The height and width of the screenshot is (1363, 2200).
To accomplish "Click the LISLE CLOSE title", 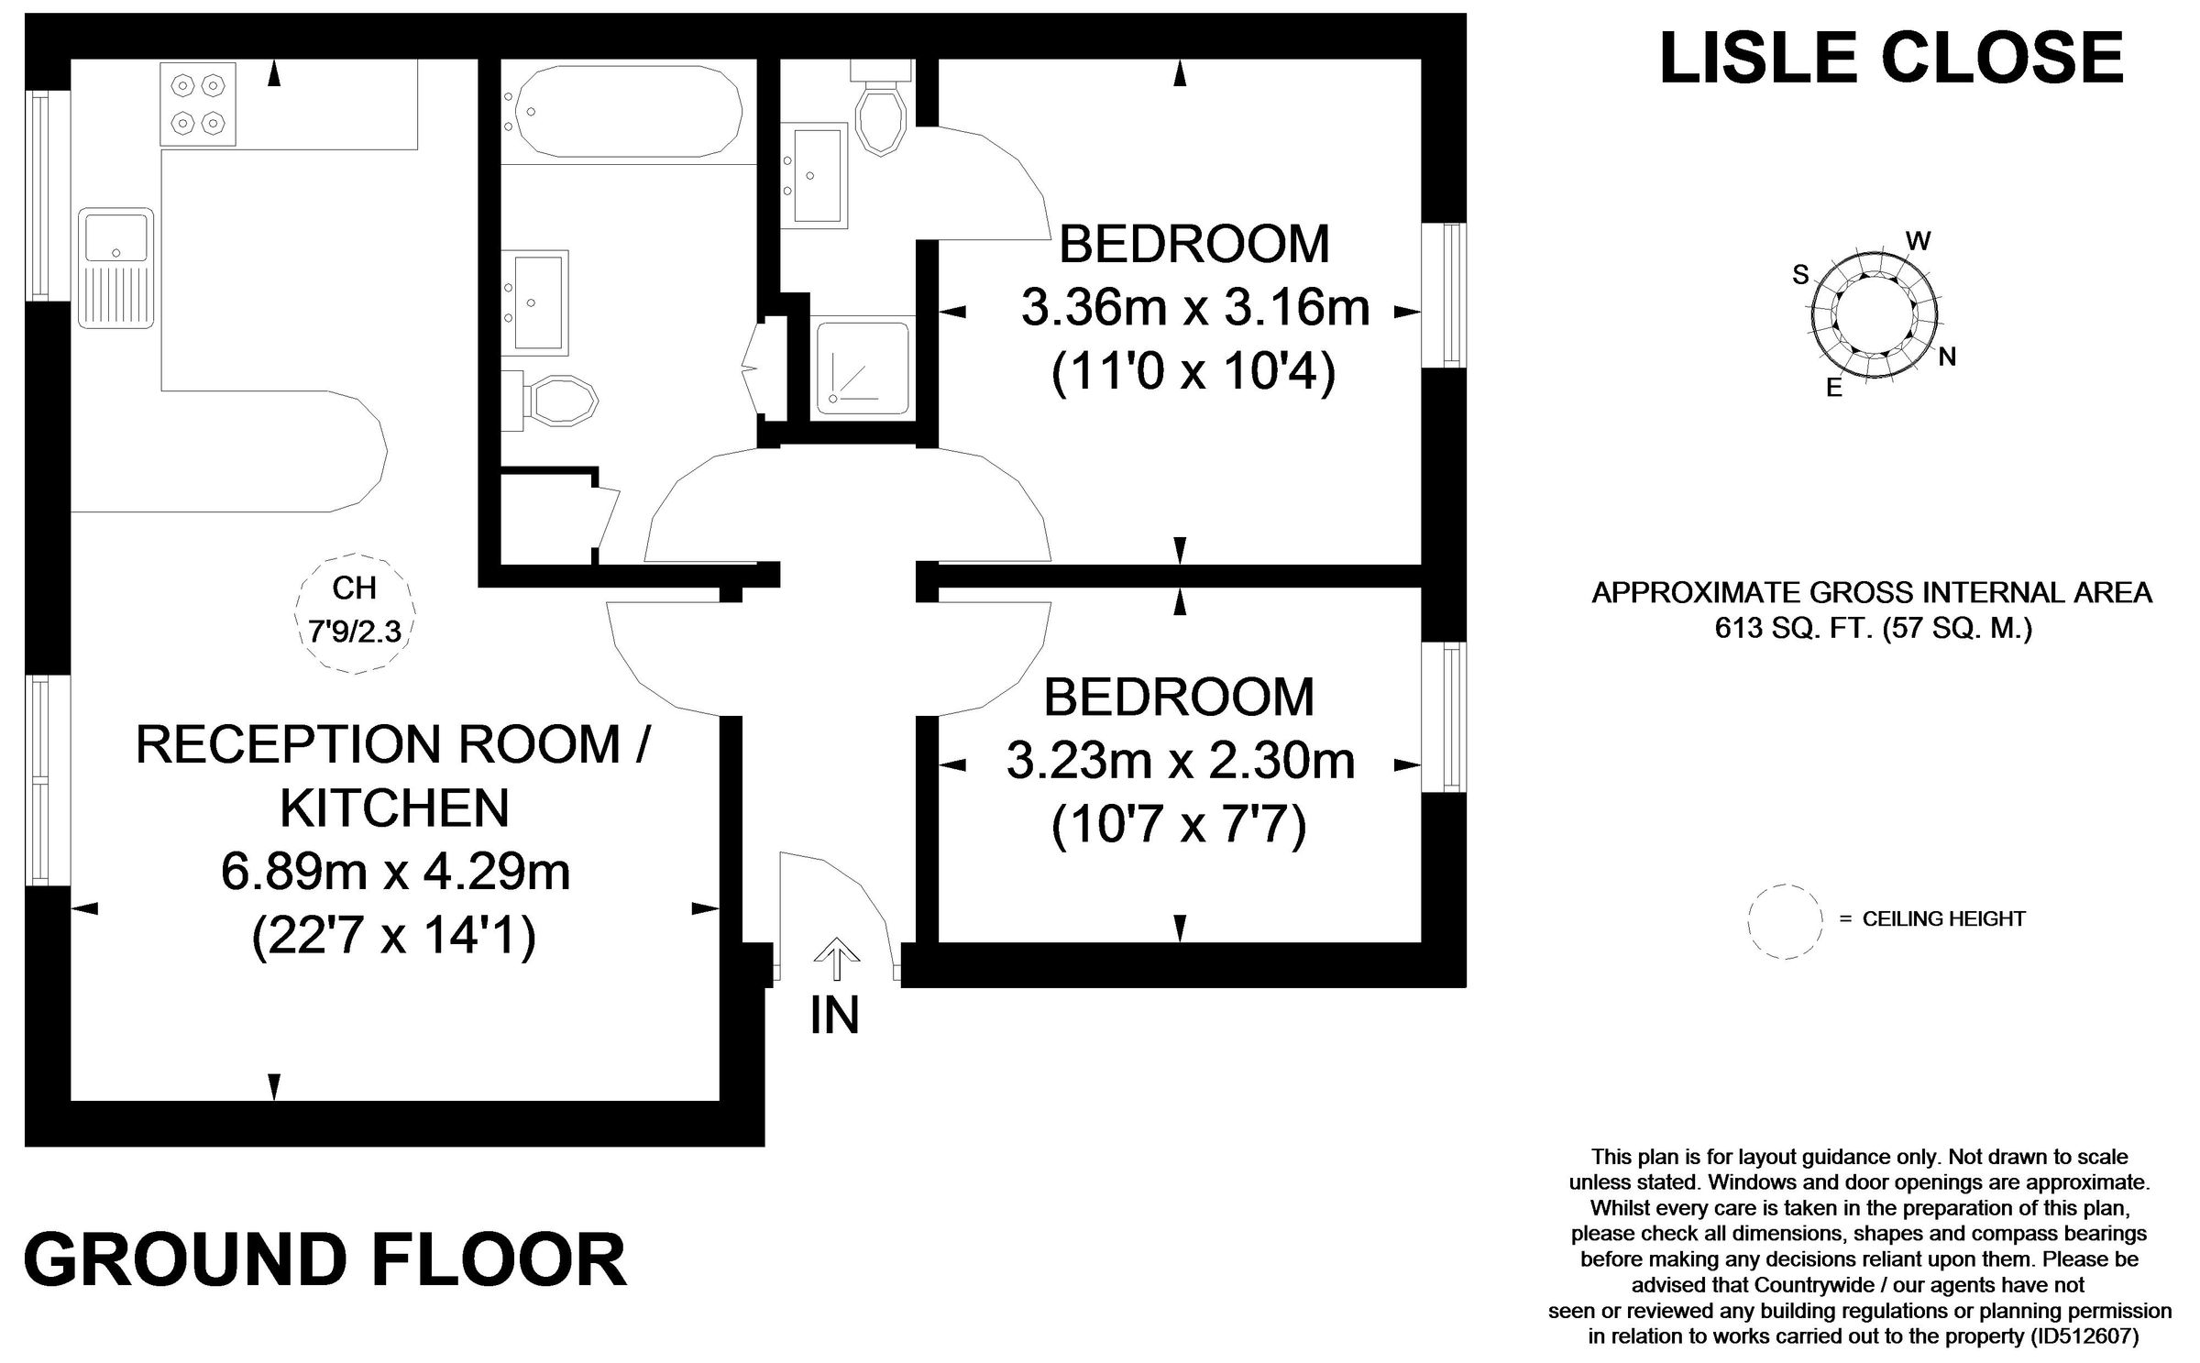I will click(x=1891, y=58).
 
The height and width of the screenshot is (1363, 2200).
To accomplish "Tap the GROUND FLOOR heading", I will click(x=325, y=1261).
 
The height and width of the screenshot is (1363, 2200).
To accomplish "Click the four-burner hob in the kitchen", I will click(x=198, y=104).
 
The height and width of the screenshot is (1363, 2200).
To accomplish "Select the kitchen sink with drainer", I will click(x=115, y=268).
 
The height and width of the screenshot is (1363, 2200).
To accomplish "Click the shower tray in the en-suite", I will click(x=861, y=364).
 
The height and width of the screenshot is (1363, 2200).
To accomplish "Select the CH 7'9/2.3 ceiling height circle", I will click(x=355, y=612).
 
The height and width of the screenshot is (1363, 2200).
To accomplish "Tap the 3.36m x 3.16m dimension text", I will click(x=1195, y=308).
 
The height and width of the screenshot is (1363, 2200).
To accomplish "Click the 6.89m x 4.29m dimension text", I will click(x=395, y=872).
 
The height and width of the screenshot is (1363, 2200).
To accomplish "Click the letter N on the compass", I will click(x=1947, y=357).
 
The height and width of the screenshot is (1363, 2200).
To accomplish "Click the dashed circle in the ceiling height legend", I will click(x=1784, y=922).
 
